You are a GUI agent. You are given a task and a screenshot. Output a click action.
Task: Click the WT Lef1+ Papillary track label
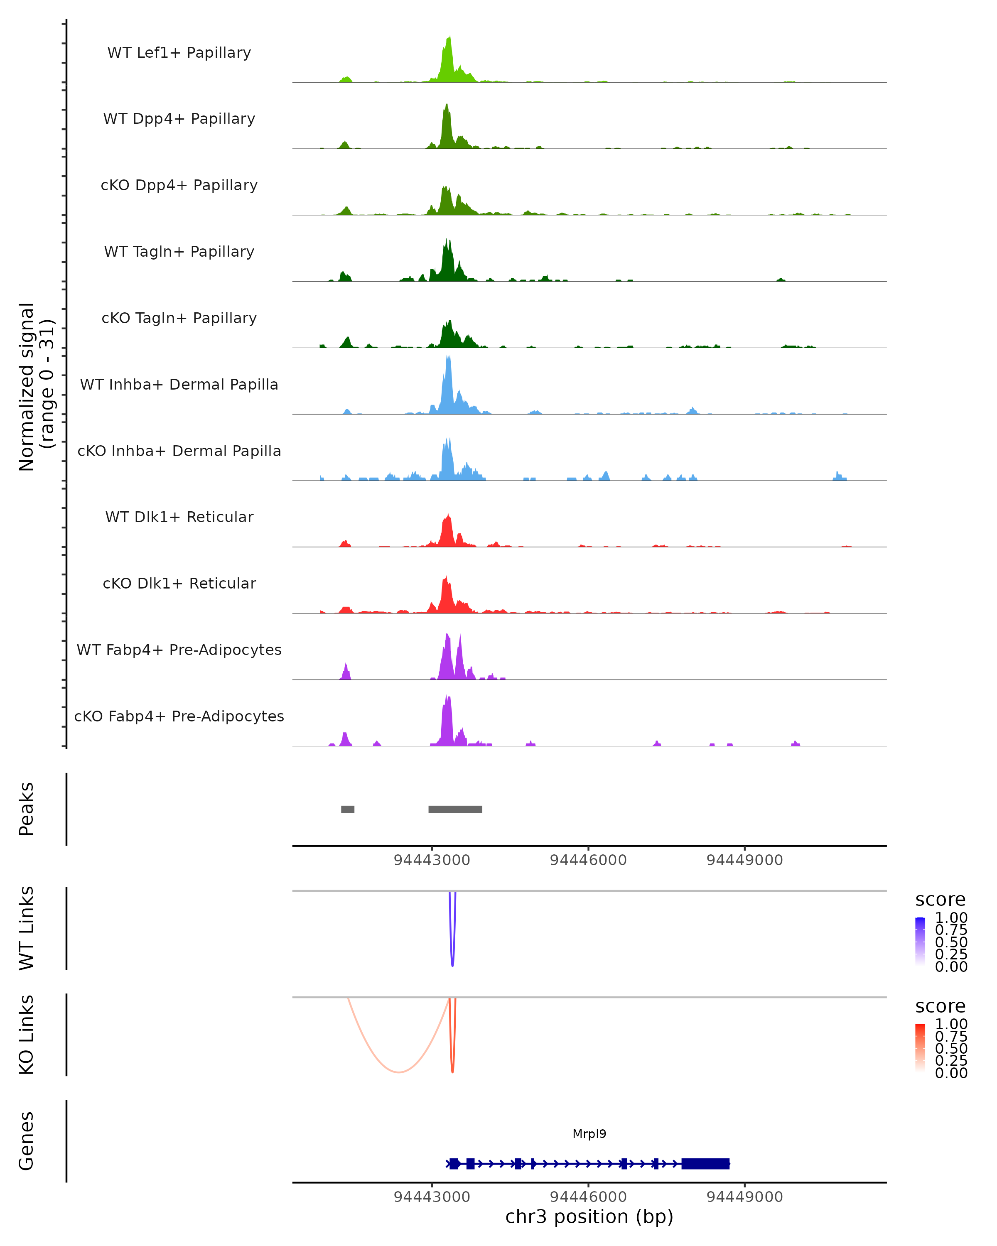click(179, 53)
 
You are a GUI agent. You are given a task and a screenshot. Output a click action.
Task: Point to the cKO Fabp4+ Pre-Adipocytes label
click(179, 716)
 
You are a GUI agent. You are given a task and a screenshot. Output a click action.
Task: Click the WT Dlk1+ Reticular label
click(179, 517)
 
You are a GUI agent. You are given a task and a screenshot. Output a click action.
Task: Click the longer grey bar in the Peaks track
click(455, 809)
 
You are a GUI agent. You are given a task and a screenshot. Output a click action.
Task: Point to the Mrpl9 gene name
click(589, 1134)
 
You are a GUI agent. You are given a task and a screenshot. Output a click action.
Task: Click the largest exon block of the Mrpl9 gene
click(705, 1164)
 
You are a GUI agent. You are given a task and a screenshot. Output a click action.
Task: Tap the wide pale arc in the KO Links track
click(398, 1072)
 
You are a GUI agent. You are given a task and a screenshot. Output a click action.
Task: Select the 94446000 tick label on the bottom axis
click(588, 1197)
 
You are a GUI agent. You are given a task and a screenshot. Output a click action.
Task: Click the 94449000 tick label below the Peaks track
click(744, 861)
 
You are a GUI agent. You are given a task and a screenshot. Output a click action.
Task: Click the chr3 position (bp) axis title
click(589, 1217)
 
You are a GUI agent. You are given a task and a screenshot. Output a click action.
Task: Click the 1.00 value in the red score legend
click(951, 1024)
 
